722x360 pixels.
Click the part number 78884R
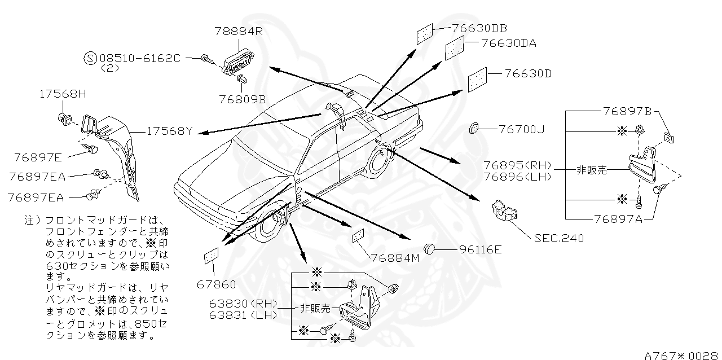[239, 32]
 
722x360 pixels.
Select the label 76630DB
[479, 28]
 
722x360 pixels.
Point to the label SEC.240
[559, 238]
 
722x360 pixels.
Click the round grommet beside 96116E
[430, 248]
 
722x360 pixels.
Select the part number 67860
[217, 285]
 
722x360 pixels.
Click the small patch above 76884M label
[358, 236]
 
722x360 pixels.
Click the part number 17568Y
[169, 131]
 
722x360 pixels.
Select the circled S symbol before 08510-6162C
[90, 58]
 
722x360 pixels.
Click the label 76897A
[618, 219]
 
